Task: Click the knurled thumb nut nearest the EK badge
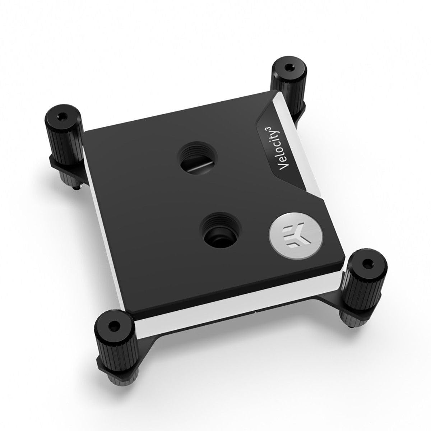click(362, 278)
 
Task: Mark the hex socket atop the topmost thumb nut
click(288, 67)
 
